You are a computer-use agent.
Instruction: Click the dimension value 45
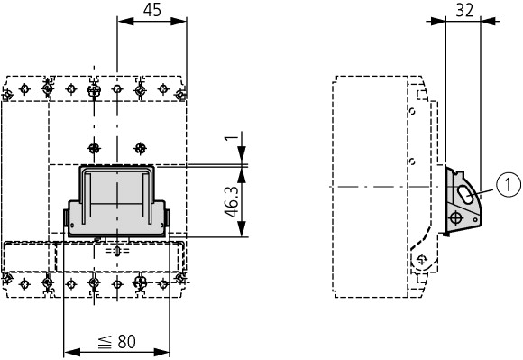[x=152, y=10]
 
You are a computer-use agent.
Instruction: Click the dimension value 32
[x=464, y=10]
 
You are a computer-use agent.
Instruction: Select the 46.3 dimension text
[x=232, y=201]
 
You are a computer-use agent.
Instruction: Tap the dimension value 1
[x=234, y=136]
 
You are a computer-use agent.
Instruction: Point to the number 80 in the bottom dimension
[x=127, y=341]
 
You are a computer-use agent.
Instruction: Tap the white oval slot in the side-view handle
[x=465, y=195]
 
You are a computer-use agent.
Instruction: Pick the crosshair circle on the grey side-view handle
[x=456, y=218]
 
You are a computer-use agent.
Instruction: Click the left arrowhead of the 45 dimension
[x=125, y=22]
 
